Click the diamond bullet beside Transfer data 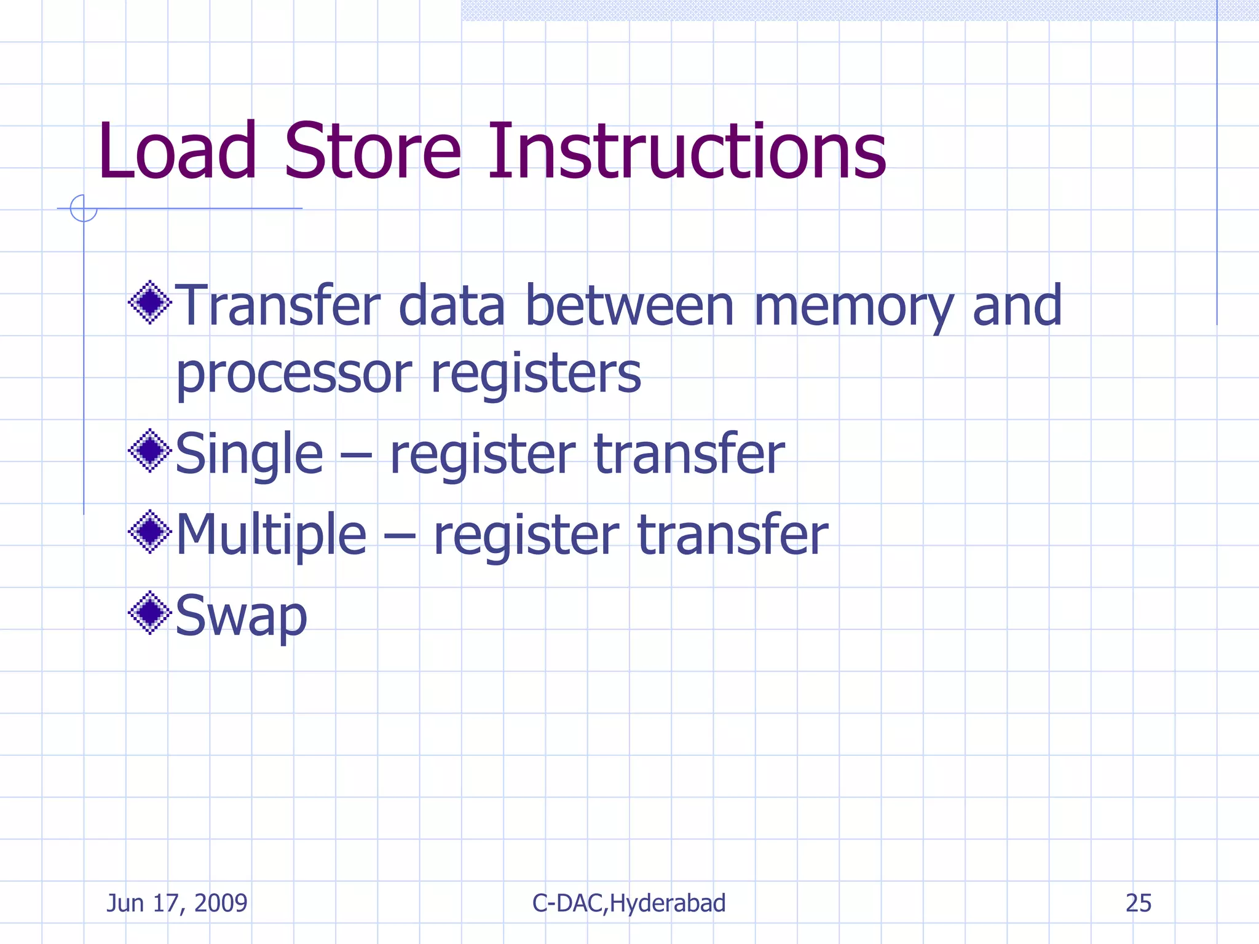pos(150,302)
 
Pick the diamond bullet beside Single pos(150,450)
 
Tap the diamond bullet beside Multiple pos(150,532)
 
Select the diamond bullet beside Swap pos(150,613)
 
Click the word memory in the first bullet pos(853,307)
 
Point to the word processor pos(294,375)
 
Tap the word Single pos(249,455)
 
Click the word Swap pos(241,616)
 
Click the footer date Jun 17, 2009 pos(177,903)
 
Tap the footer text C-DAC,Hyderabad pos(629,903)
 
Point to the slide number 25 pos(1138,903)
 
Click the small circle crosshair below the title pos(84,208)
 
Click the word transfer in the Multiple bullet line pos(732,535)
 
